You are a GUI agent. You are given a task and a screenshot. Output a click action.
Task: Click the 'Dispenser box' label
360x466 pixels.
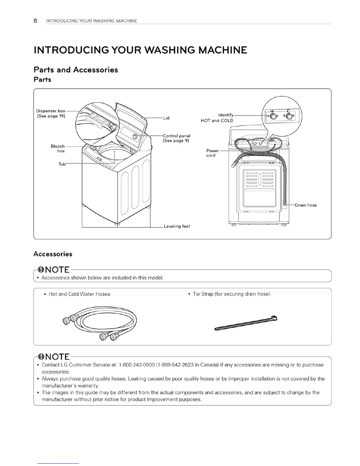tap(51, 111)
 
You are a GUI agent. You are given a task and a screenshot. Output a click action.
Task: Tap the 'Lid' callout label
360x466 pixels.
tap(166, 118)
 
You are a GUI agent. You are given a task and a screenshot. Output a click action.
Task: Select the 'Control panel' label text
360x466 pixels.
tap(176, 136)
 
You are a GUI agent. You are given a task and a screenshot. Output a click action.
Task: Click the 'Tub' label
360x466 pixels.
tap(62, 164)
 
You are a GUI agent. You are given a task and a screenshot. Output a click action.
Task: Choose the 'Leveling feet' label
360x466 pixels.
tap(177, 226)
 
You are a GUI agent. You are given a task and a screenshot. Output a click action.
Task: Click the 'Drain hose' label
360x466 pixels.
tap(306, 205)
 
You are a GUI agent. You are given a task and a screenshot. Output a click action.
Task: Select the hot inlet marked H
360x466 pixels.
tap(273, 117)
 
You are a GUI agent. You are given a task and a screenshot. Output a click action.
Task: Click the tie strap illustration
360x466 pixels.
tap(246, 324)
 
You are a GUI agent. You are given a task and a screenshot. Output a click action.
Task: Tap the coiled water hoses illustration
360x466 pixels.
tap(100, 323)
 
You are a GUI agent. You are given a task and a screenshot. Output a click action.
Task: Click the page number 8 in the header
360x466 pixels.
tap(35, 21)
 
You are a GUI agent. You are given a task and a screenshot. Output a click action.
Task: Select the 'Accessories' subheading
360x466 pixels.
tap(53, 254)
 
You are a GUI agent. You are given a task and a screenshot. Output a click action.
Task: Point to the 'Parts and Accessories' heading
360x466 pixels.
tap(76, 70)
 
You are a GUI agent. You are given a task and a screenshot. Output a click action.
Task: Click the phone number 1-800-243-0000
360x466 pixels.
tap(137, 365)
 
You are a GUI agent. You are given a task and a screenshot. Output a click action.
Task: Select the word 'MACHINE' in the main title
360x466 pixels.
tap(223, 50)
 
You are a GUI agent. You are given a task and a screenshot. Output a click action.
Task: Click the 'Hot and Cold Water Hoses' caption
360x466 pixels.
tap(79, 294)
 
